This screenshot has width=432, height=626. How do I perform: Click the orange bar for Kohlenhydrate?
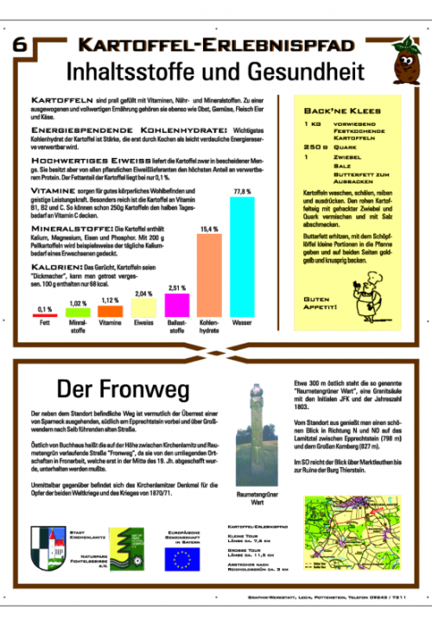[209, 275]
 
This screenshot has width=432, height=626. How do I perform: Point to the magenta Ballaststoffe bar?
[176, 306]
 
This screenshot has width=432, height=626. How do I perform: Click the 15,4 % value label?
[209, 229]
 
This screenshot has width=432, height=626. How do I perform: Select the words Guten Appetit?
[320, 303]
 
